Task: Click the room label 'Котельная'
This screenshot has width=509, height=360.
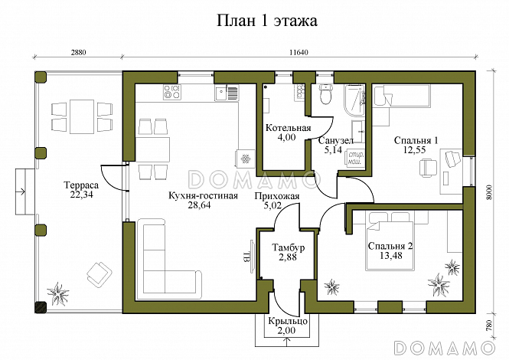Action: pyautogui.click(x=288, y=127)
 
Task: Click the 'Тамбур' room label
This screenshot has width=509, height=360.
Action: pyautogui.click(x=289, y=248)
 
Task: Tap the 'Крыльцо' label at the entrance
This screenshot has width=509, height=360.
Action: pyautogui.click(x=288, y=322)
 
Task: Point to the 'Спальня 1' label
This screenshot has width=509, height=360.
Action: pyautogui.click(x=416, y=140)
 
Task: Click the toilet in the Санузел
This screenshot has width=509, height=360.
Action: pyautogui.click(x=325, y=96)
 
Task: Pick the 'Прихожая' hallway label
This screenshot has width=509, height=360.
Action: pyautogui.click(x=277, y=195)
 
